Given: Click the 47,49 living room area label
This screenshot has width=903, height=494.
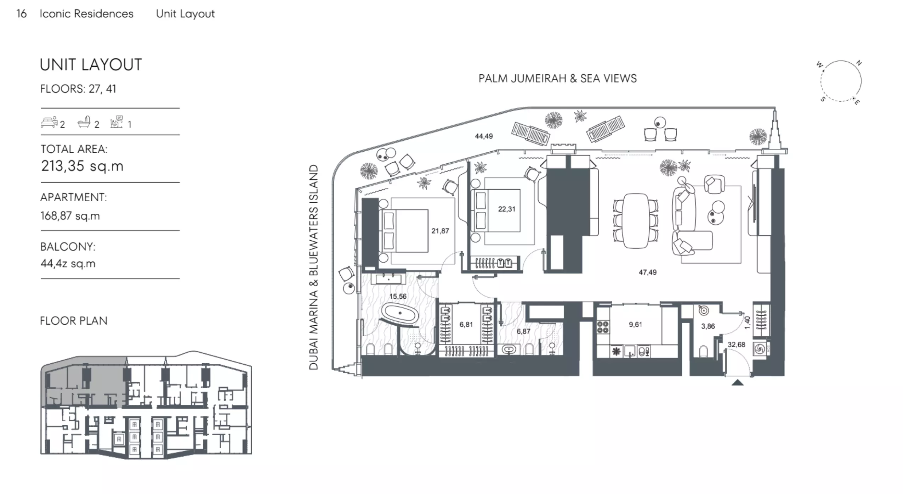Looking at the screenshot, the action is (x=647, y=272).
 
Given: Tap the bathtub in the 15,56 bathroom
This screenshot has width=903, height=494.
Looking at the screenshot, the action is (x=400, y=313).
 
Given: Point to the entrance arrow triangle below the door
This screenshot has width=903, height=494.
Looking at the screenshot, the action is (x=737, y=382).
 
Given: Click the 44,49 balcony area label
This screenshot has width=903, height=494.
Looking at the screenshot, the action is (x=484, y=136).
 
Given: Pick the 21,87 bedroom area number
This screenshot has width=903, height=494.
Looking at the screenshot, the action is (x=440, y=231).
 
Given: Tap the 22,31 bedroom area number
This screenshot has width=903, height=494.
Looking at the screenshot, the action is (x=507, y=209).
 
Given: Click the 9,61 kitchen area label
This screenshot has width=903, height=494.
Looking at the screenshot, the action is (x=635, y=324).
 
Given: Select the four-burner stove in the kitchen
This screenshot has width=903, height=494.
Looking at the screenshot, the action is (x=603, y=327).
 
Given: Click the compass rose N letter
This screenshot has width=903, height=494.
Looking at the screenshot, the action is (x=859, y=63).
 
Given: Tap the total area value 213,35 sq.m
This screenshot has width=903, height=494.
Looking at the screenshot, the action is (x=82, y=166).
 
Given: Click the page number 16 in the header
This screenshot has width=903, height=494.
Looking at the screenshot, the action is (x=22, y=13).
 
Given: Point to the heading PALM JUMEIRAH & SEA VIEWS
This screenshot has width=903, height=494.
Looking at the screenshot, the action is (x=557, y=78).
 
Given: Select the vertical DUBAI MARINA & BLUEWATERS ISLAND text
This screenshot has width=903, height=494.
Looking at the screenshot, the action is (x=314, y=267).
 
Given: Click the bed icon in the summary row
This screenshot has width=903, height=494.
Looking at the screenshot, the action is (x=49, y=122).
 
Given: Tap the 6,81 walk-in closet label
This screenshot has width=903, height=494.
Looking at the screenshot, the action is (x=466, y=324).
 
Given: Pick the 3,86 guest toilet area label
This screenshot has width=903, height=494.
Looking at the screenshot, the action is (x=708, y=326).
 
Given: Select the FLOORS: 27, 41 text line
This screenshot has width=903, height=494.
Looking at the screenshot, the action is (x=78, y=89).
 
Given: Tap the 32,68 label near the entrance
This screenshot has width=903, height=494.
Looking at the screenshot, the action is (x=736, y=344).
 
